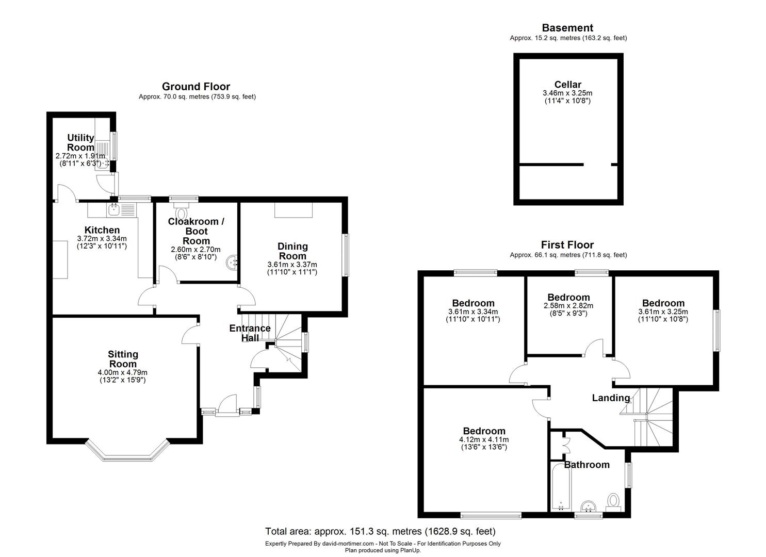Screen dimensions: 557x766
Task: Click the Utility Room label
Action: (81, 142)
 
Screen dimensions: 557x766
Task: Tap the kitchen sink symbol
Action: (113, 209)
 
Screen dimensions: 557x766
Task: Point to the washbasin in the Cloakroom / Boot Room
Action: (231, 263)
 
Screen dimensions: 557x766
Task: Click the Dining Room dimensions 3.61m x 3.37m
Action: (292, 265)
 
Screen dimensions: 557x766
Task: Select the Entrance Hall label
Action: (250, 333)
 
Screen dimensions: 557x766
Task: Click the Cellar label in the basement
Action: (567, 85)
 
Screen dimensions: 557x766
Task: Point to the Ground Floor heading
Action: (196, 87)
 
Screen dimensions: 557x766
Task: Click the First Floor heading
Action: (567, 245)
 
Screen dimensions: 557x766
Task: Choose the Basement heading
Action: (567, 28)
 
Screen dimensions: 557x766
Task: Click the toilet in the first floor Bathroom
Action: (613, 500)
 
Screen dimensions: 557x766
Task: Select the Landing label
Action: (611, 398)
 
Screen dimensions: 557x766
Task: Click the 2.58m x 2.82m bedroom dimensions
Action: (568, 306)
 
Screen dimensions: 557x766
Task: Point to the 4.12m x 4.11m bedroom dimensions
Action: (484, 439)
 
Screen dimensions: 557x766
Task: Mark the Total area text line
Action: (380, 531)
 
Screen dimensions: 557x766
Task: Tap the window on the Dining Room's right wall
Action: (346, 255)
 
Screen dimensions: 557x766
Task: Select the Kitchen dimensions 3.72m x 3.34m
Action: (102, 239)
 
